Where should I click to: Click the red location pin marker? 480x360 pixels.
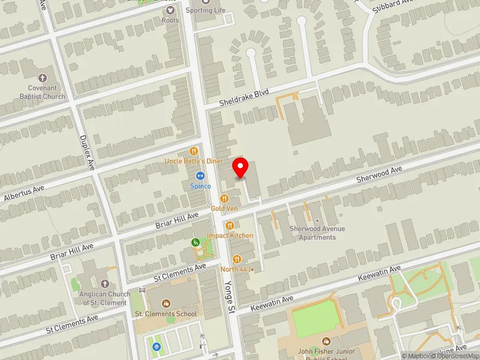point(241,167)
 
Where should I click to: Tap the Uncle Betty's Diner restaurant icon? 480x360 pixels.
point(194,152)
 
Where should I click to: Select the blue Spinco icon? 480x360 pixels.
point(200,176)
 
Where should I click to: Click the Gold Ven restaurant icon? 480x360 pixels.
point(224,198)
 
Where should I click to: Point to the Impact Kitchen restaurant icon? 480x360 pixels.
point(230,225)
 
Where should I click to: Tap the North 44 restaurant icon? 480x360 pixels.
point(237,259)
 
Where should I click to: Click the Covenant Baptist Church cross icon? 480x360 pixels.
point(42,78)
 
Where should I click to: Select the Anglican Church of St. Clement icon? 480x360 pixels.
point(105,284)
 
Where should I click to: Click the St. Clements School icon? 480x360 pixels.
point(166,304)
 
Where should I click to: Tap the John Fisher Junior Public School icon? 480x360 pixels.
point(326,341)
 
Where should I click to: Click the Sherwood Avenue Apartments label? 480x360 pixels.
point(317,233)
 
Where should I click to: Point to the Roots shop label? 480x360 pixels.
point(170,20)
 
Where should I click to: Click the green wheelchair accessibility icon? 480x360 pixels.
point(195,242)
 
